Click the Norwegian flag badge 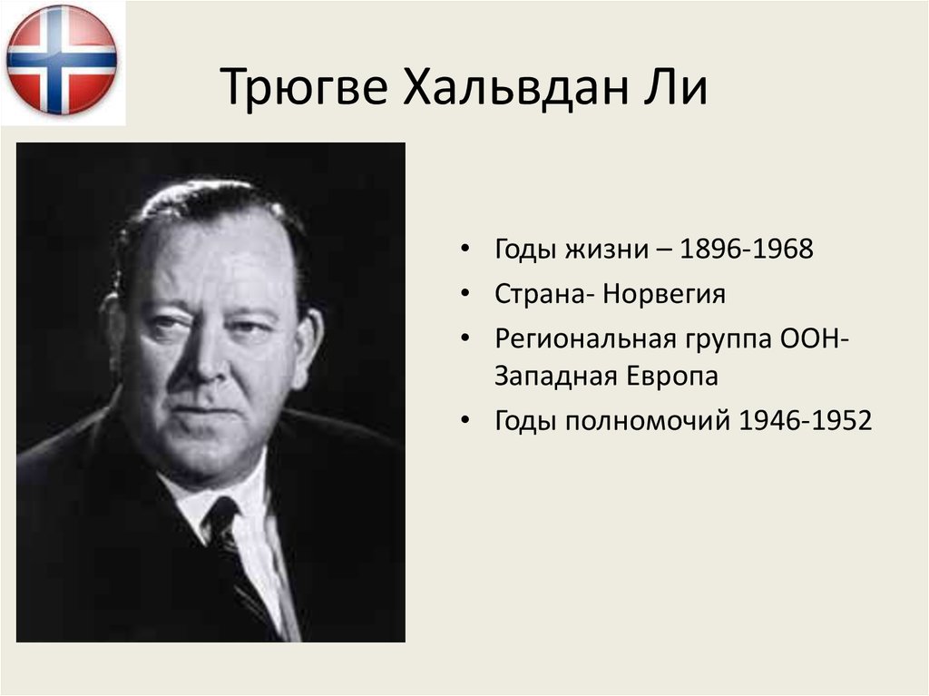pos(62,60)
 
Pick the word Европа pos(671,377)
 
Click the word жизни pos(597,250)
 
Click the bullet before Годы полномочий pos(465,421)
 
